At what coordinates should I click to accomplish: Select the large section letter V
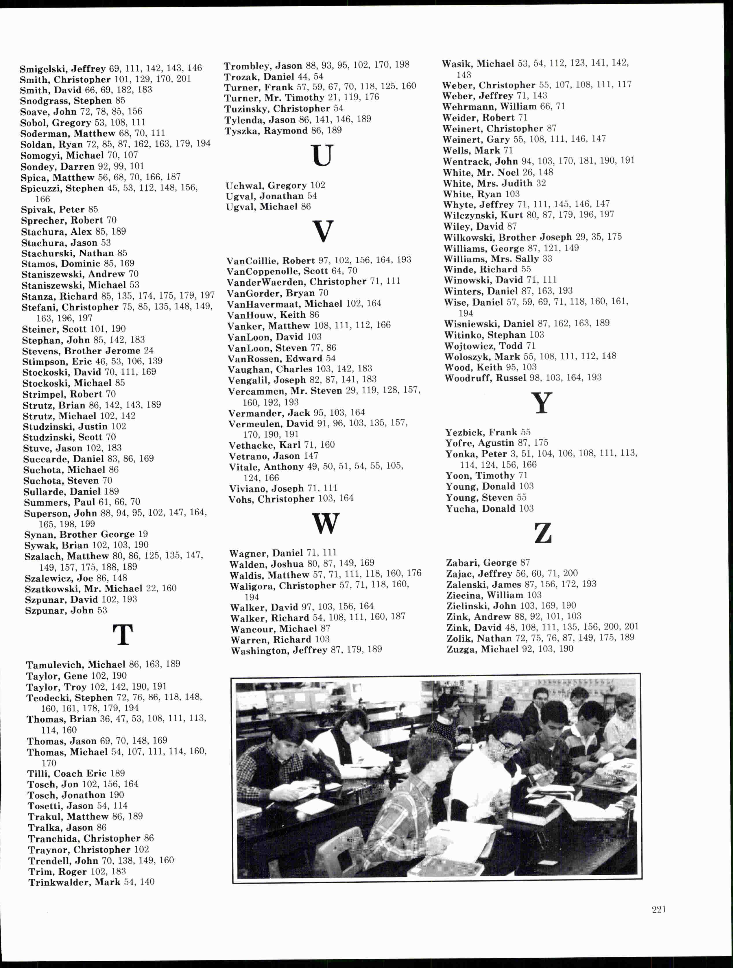(323, 232)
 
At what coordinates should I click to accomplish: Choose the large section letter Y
(541, 403)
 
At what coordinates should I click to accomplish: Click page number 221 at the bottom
(659, 909)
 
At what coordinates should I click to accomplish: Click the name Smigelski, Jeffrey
(63, 69)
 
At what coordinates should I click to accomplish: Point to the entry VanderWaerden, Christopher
(296, 282)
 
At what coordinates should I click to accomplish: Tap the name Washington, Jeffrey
(278, 650)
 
